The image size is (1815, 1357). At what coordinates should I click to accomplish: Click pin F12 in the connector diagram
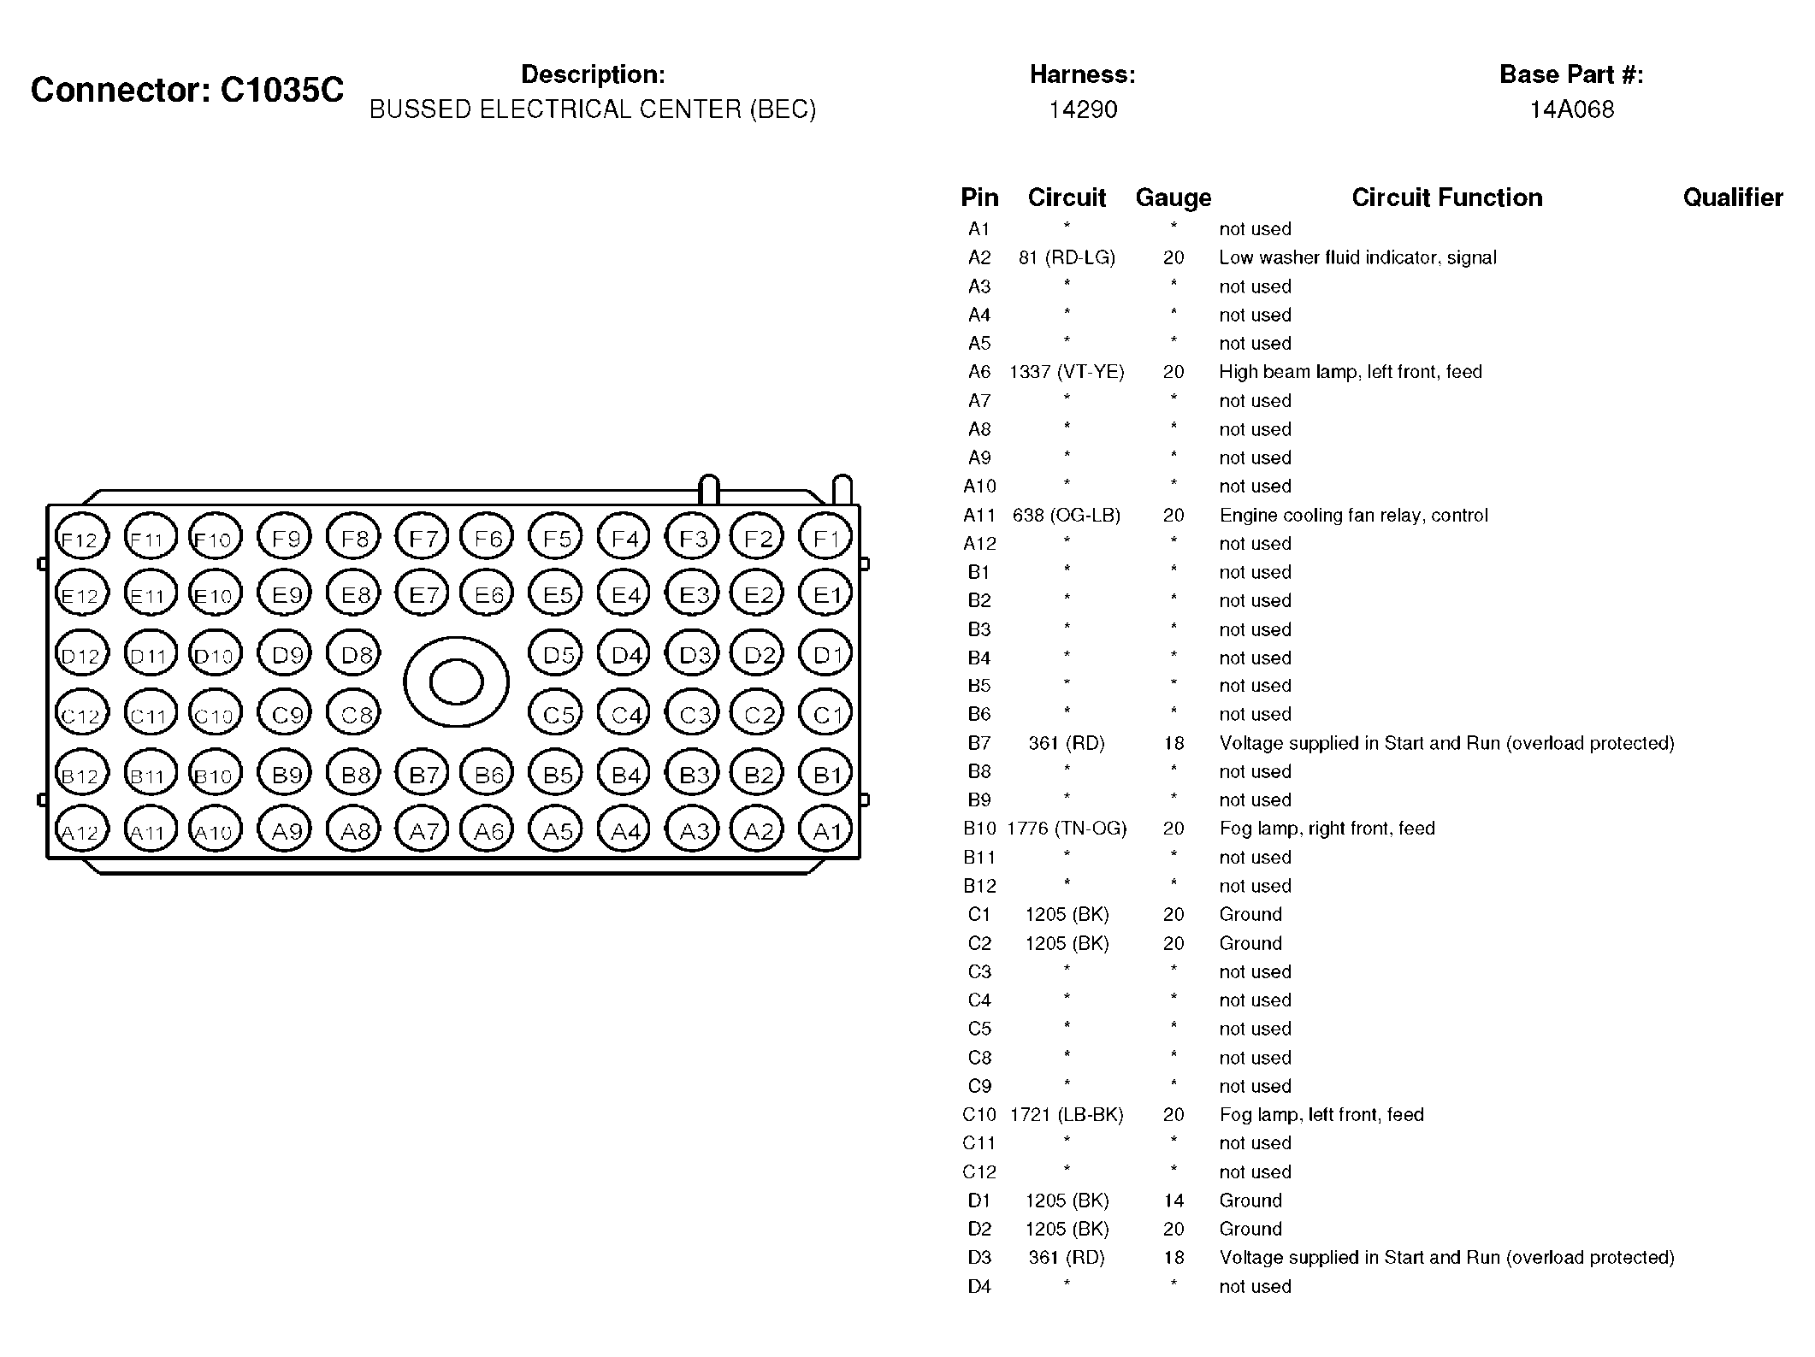81,540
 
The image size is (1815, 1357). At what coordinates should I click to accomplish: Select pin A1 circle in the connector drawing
825,830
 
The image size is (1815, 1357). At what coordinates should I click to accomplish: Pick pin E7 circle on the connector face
423,594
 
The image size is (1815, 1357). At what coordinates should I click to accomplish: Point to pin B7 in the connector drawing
423,775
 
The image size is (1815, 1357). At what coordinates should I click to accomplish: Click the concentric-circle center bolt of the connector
456,682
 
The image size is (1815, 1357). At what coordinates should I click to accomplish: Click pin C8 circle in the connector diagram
355,714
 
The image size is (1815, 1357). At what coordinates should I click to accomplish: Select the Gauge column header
1173,198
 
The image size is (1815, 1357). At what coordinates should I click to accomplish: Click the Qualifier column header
1732,198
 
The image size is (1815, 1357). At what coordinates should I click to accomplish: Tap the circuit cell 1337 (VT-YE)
1067,372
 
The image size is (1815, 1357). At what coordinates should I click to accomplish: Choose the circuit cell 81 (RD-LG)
1067,257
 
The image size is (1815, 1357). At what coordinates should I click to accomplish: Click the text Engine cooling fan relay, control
1353,516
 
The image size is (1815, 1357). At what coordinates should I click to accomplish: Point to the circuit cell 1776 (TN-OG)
1067,829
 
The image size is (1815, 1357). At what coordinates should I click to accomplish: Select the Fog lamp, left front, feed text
1321,1115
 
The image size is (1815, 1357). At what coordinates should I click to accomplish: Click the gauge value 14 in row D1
1174,1201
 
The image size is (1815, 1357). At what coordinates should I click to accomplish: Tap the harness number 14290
1083,109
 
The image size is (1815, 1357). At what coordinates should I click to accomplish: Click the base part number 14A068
1571,109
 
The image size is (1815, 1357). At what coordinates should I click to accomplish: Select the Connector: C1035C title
187,90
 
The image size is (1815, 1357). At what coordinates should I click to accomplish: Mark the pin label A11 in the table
979,516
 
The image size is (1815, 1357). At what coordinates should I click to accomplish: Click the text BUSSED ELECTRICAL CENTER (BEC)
593,109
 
